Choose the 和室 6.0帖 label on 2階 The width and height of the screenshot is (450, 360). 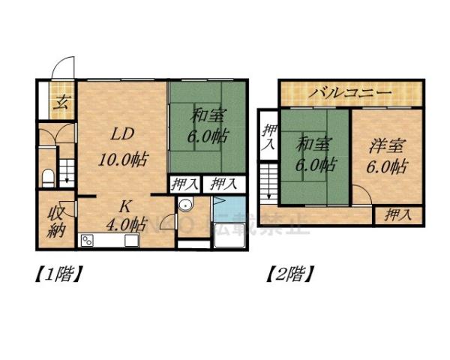pyautogui.click(x=314, y=154)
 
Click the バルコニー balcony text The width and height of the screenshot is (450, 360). pyautogui.click(x=351, y=94)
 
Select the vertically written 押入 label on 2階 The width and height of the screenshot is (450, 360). pyautogui.click(x=268, y=137)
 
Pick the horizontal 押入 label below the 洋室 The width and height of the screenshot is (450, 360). pyautogui.click(x=397, y=215)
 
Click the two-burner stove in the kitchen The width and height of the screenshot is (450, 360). pyautogui.click(x=87, y=241)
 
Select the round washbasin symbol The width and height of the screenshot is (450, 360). pyautogui.click(x=187, y=208)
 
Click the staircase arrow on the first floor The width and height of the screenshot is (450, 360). pyautogui.click(x=67, y=174)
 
